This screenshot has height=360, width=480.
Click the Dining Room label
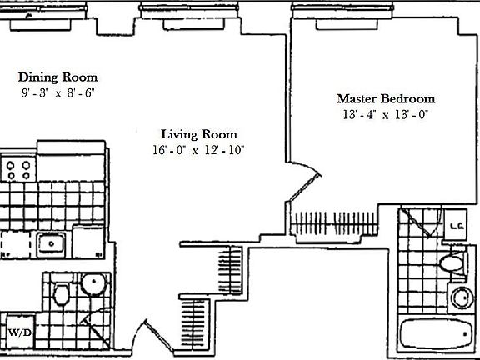point(58,77)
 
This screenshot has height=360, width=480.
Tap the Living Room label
point(199,133)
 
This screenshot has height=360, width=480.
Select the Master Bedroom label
point(386,98)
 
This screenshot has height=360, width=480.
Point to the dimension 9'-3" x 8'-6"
point(58,94)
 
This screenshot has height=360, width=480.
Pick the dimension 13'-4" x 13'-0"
point(384,115)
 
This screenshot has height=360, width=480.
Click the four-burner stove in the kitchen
point(19,170)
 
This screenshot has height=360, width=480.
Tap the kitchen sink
point(52,243)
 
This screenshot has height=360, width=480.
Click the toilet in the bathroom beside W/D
point(62,294)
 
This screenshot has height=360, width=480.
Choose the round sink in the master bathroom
point(461,296)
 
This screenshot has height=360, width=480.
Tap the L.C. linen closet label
point(457,225)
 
